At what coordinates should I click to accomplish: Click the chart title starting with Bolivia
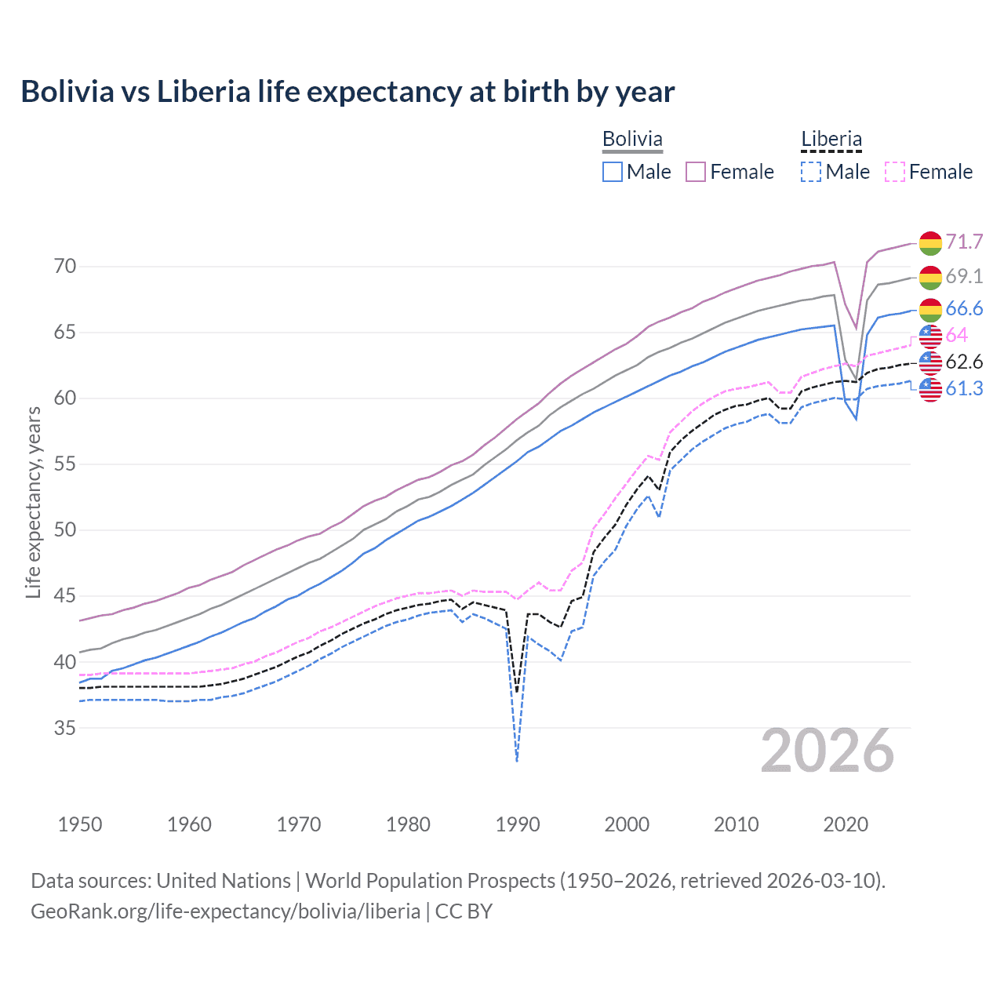click(347, 92)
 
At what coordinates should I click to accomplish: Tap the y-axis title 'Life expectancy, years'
click(33, 502)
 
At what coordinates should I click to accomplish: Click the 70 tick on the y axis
click(65, 267)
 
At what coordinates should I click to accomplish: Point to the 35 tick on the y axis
click(65, 728)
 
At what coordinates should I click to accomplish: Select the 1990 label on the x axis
click(518, 824)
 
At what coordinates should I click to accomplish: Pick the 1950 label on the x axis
click(80, 824)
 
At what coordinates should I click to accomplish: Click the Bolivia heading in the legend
click(632, 139)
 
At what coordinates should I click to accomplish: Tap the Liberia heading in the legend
click(831, 139)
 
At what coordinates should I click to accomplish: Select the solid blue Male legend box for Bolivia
click(613, 172)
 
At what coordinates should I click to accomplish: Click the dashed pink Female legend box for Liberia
click(895, 172)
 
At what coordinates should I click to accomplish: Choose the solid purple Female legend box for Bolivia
click(697, 172)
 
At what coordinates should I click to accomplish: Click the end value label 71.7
click(964, 242)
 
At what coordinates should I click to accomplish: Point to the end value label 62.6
click(964, 362)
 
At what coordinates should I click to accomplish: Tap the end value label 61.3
click(964, 388)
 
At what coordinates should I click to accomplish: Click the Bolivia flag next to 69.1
click(930, 277)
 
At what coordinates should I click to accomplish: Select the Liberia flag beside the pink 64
click(930, 336)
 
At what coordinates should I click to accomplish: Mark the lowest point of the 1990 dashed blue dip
click(517, 761)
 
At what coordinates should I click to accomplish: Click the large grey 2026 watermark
click(828, 751)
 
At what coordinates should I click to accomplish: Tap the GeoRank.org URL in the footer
click(225, 911)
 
